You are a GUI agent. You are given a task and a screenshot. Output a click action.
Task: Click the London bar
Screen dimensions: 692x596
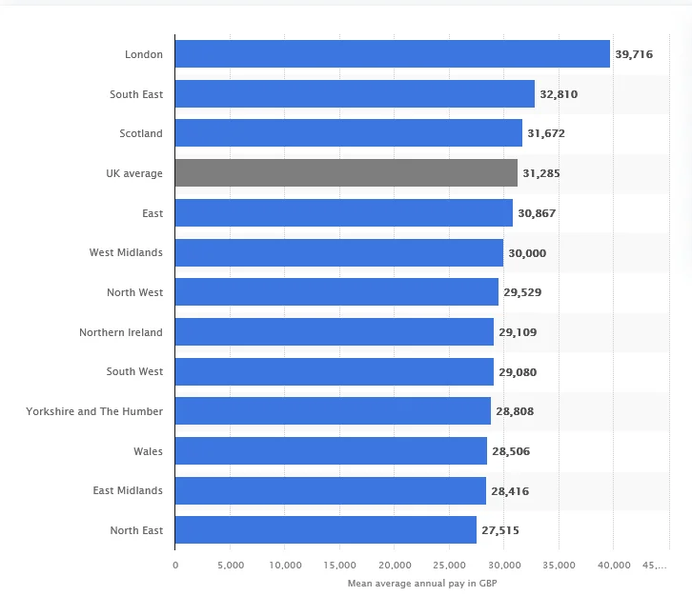(393, 53)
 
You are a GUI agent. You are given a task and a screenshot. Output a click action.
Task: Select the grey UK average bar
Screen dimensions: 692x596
(346, 173)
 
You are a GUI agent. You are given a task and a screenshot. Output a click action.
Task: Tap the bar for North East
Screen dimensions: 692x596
(326, 530)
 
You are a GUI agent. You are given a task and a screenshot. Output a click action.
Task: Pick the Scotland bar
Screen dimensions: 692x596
(349, 132)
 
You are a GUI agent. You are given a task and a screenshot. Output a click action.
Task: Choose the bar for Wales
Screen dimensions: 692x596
(331, 450)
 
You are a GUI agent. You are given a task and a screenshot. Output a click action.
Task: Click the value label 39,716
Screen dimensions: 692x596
(634, 54)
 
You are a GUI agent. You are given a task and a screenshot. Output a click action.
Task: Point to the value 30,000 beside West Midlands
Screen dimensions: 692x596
(527, 253)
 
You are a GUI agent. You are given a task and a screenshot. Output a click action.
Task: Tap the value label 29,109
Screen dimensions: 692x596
(518, 332)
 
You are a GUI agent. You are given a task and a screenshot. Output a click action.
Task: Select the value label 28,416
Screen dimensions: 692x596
(510, 491)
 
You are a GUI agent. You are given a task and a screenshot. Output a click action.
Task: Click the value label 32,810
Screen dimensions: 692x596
(559, 94)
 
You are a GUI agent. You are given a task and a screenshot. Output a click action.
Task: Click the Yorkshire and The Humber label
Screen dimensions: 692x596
(94, 411)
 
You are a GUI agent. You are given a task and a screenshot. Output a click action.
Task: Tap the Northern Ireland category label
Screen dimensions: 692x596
(121, 332)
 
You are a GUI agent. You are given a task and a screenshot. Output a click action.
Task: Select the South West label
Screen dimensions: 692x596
(134, 371)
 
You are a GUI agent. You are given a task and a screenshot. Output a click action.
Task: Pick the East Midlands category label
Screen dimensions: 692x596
(128, 490)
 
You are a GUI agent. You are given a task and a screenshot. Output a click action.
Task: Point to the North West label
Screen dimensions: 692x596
(134, 292)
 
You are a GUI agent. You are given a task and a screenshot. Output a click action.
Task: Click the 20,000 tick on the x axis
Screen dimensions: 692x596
(395, 565)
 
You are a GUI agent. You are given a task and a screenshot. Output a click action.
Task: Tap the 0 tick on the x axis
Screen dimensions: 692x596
(175, 565)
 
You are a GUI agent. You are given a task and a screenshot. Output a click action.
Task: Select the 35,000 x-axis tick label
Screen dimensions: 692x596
(559, 565)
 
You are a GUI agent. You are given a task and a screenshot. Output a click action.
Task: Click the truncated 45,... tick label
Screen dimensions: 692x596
(655, 565)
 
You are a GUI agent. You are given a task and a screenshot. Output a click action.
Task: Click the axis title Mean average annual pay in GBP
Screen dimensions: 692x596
(422, 584)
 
